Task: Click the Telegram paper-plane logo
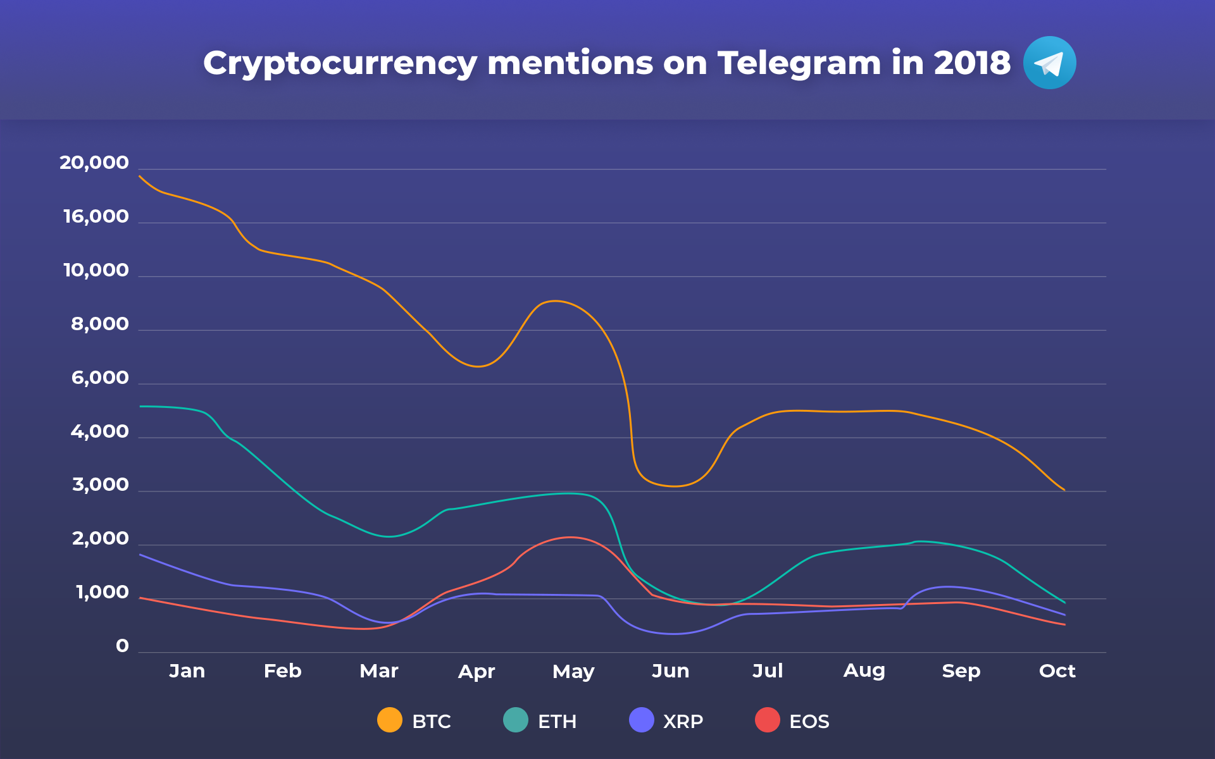(x=1049, y=63)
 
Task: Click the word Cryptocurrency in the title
(x=340, y=64)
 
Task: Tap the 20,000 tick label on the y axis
(x=94, y=163)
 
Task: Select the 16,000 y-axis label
(x=96, y=217)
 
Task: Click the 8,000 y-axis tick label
(x=100, y=324)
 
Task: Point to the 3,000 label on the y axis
(x=101, y=485)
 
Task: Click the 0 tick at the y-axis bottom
(x=123, y=646)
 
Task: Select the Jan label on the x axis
(x=187, y=670)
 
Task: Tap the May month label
(x=573, y=672)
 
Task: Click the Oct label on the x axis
(x=1057, y=670)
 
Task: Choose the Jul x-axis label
(x=768, y=670)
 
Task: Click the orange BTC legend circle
(x=390, y=720)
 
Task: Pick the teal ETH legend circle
(x=516, y=720)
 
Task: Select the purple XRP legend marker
(x=642, y=720)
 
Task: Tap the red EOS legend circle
(x=768, y=720)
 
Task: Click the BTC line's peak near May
(x=555, y=301)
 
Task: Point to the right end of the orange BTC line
(x=1064, y=490)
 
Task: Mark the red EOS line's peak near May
(x=571, y=537)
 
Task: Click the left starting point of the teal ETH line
(x=140, y=406)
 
